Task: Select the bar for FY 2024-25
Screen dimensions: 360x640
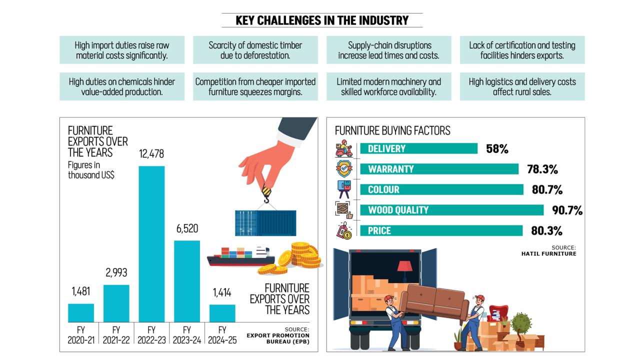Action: [222, 313]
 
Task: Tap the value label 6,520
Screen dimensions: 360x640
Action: [187, 229]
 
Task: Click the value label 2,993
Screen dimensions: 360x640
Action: [116, 272]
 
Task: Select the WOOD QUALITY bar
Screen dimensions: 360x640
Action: [451, 210]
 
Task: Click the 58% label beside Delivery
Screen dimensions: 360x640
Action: [497, 148]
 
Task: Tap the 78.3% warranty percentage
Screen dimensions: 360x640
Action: [542, 169]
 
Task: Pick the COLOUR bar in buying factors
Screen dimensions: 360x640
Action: [441, 189]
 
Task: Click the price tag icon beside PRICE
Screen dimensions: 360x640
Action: [344, 231]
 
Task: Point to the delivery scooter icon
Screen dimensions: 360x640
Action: [344, 148]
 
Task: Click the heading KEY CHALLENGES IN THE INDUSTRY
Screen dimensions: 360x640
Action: [322, 20]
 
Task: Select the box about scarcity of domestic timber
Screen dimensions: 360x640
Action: [255, 50]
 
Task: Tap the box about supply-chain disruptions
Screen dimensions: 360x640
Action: [388, 50]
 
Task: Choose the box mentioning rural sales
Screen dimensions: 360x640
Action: [522, 86]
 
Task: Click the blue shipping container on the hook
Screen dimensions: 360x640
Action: [265, 223]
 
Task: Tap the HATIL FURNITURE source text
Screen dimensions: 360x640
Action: [548, 253]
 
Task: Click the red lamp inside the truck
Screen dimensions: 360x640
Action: [404, 268]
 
